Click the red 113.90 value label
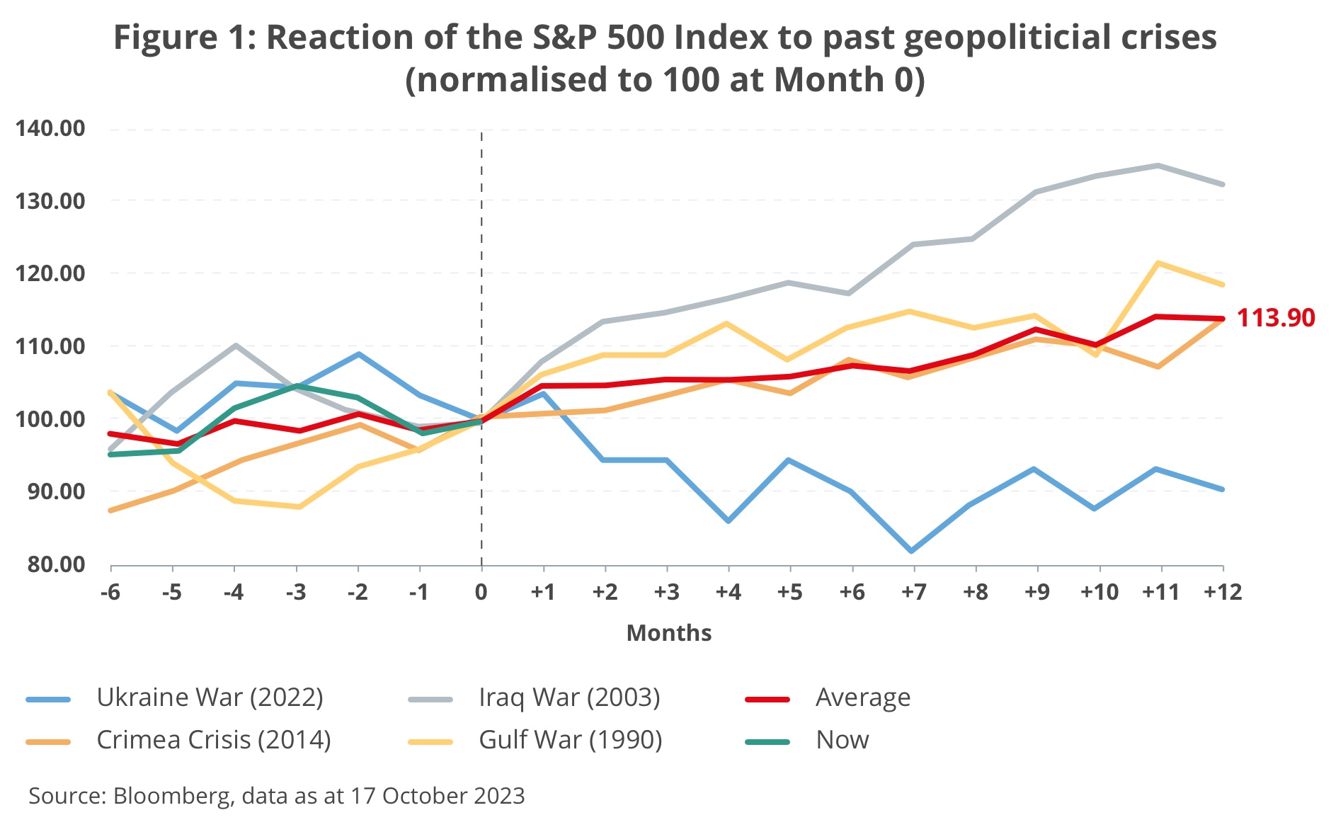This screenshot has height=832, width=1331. (1275, 318)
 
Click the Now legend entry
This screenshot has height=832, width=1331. (841, 740)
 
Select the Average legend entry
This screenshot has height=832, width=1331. (862, 697)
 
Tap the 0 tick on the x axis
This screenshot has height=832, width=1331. (481, 592)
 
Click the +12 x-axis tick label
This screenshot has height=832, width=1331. (1223, 592)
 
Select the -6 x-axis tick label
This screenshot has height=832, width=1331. (110, 592)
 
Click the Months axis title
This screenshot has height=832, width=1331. (668, 632)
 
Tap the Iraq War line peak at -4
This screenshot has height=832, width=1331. (235, 346)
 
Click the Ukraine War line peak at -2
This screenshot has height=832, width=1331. (359, 354)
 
